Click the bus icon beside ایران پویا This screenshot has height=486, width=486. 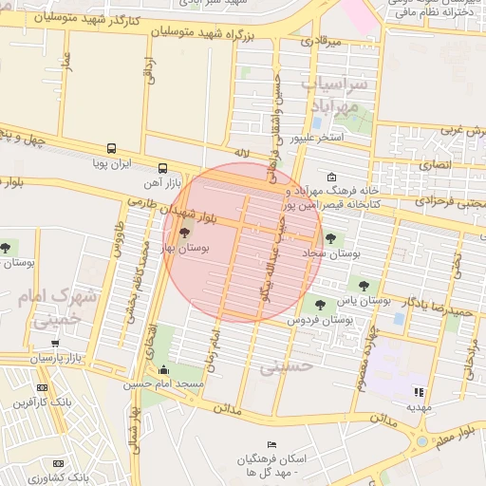[x=112, y=149]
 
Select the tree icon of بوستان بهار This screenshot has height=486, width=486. [x=184, y=232]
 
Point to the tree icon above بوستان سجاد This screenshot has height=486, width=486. [x=330, y=239]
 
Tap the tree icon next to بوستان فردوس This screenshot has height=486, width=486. [x=319, y=304]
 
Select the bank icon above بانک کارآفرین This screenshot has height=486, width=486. [x=42, y=388]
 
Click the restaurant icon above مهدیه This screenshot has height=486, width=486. [x=419, y=391]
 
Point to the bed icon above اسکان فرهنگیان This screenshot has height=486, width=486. [x=271, y=445]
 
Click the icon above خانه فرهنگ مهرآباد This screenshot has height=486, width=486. [x=331, y=178]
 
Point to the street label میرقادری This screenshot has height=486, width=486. [x=319, y=42]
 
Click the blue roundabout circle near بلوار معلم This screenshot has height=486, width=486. [x=421, y=440]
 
